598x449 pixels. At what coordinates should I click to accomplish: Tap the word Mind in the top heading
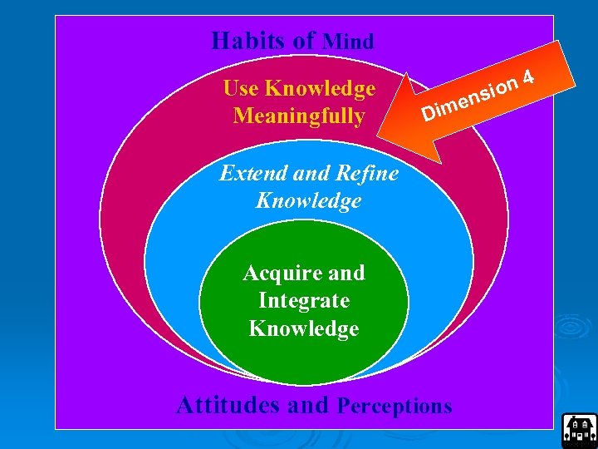(348, 41)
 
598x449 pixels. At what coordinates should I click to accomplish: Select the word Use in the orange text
(242, 88)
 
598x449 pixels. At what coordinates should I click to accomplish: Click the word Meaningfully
(299, 116)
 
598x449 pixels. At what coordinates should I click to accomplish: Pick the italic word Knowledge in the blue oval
(309, 200)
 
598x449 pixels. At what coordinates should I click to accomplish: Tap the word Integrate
(304, 300)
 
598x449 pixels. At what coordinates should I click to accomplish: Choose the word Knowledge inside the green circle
(304, 328)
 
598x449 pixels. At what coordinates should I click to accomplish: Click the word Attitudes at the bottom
(229, 405)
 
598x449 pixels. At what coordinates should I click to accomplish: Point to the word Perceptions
(395, 406)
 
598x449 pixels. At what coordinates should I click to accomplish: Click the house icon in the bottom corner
(579, 429)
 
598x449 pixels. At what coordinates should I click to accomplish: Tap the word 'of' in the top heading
(304, 40)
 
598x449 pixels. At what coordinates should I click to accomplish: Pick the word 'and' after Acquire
(347, 273)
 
